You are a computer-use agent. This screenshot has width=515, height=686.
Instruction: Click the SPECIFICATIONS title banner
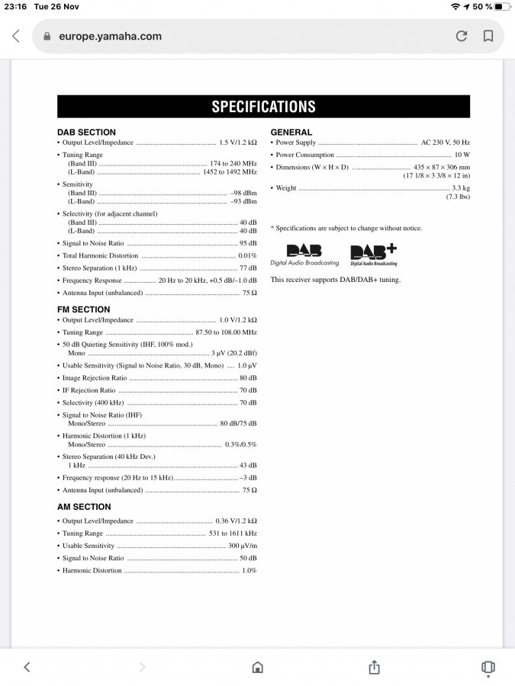263,107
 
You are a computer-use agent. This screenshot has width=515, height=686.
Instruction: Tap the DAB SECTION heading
86,132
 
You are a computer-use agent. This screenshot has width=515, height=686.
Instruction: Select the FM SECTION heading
84,309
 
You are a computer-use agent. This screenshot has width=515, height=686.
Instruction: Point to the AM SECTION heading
84,507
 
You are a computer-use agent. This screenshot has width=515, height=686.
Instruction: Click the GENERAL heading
291,132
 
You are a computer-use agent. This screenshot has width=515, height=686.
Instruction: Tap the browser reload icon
462,36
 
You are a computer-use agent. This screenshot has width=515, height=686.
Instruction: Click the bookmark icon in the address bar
488,36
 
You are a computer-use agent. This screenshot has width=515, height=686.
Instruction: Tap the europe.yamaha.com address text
110,37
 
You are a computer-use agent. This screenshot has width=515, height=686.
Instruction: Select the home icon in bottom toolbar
258,667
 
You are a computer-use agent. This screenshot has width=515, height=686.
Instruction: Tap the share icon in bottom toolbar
374,667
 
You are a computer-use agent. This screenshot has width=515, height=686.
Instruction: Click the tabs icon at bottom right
488,667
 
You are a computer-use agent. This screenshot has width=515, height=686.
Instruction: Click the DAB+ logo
373,255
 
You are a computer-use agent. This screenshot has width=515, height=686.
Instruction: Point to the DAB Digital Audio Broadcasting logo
304,255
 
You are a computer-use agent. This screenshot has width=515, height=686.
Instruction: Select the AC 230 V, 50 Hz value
446,143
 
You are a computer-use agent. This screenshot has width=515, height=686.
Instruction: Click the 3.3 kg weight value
461,188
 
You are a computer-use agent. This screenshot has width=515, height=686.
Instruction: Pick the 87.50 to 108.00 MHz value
226,332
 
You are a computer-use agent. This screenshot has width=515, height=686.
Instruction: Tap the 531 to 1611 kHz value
233,534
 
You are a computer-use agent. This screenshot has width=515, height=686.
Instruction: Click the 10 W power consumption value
462,155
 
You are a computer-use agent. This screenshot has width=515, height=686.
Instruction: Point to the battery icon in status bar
501,7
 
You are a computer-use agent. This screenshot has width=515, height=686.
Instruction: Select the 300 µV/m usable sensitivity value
243,546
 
